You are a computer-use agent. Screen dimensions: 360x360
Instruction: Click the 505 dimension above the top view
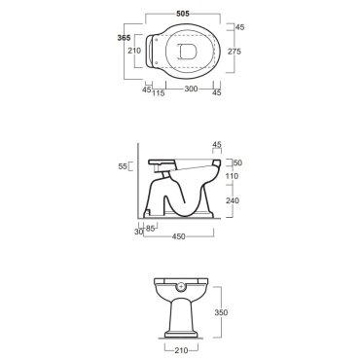pos(183,14)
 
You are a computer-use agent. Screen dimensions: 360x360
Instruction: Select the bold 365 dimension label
pos(124,38)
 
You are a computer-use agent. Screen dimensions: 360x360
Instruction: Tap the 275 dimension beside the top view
pos(234,52)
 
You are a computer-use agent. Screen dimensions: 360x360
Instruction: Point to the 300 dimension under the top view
pos(191,89)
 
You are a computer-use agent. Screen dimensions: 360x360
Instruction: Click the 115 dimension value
pos(159,93)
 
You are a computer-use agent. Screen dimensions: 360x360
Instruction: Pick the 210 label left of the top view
pos(134,51)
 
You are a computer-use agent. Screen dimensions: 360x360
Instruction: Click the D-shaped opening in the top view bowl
pos(188,52)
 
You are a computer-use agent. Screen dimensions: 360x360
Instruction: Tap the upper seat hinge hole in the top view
pos(157,40)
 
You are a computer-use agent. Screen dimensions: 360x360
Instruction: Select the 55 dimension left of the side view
pos(123,166)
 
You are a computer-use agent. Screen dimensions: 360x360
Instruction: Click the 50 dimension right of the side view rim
pos(238,162)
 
